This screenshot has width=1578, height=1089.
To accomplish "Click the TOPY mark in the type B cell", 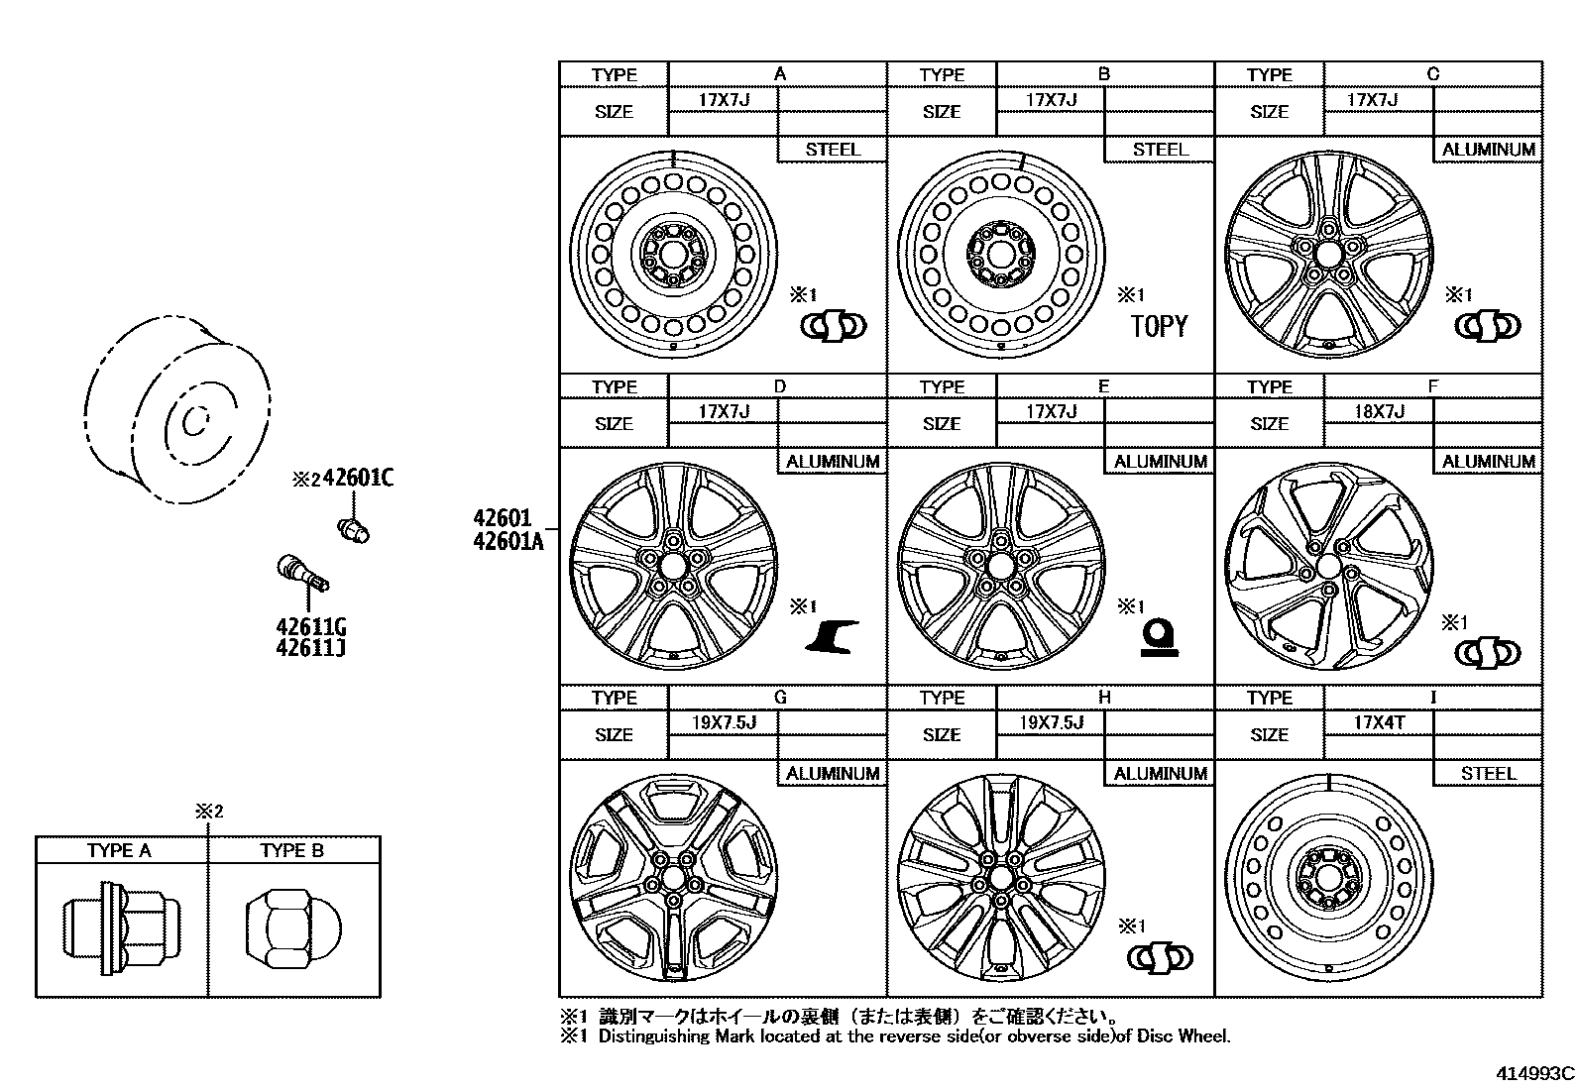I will tap(1159, 327).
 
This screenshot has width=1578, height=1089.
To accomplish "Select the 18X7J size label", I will tap(1379, 411).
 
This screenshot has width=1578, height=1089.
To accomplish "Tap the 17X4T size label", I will tap(1379, 722).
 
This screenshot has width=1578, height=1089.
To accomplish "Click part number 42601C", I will tap(358, 479).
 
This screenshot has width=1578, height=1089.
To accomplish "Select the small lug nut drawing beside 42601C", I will tap(354, 529).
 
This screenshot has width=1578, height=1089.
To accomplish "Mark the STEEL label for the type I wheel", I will tap(1488, 774).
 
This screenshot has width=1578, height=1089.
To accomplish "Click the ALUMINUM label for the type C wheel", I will tap(1488, 150).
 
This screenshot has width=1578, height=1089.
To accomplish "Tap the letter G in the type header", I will tap(780, 698).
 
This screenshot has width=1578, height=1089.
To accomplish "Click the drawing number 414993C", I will tap(1535, 1073).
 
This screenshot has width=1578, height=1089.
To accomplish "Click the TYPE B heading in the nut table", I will tap(291, 850).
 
